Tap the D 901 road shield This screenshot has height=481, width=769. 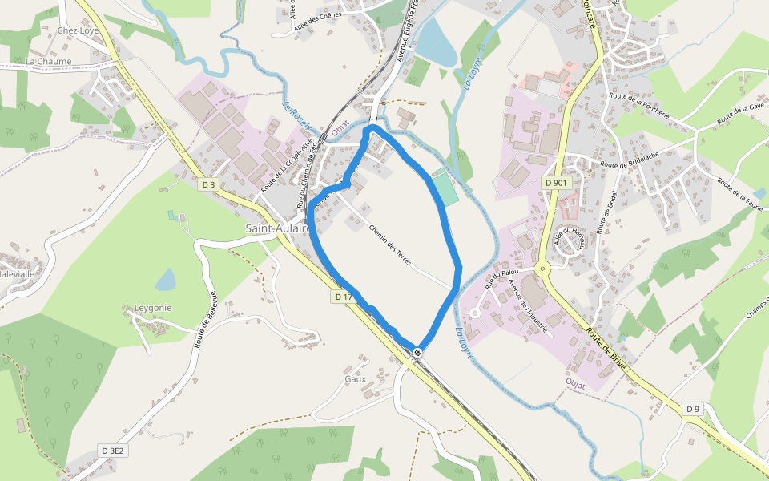555,183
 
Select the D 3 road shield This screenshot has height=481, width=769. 209,184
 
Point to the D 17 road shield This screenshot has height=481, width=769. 343,297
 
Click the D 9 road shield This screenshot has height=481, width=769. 693,409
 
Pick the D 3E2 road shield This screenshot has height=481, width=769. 112,451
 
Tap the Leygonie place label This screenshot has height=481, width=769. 153,308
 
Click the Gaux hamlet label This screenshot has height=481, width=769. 355,378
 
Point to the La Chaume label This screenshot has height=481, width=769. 48,61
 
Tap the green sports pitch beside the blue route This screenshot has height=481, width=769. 443,188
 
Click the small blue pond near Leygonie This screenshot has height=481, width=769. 165,280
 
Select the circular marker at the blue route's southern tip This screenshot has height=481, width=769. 418,353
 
